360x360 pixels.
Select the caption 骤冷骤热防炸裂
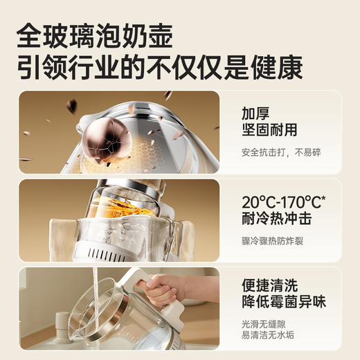(x=273, y=242)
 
